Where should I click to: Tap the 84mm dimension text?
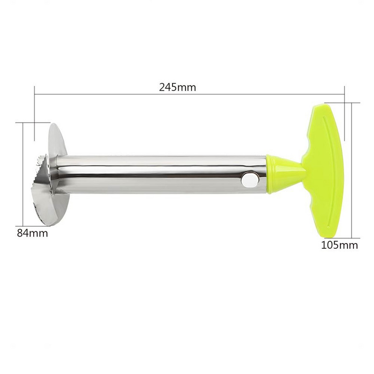[32, 233]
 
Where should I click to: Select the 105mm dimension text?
[339, 245]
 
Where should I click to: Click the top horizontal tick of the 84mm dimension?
[26, 122]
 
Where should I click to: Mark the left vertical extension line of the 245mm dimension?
[35, 112]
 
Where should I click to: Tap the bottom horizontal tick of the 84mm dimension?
[26, 225]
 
